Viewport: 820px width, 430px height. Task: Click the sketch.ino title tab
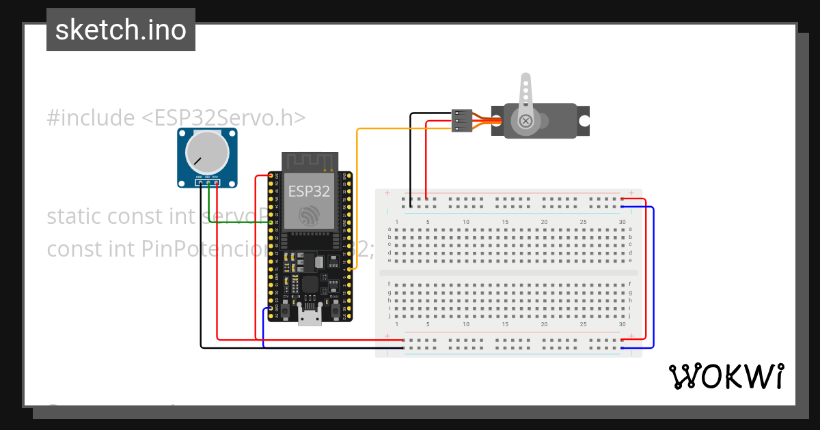(121, 30)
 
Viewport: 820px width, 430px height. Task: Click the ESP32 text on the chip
(309, 191)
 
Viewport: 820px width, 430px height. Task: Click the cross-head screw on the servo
(525, 121)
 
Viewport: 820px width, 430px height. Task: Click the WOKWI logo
(726, 376)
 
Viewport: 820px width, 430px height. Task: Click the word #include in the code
(91, 118)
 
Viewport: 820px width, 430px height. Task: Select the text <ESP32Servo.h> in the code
(223, 118)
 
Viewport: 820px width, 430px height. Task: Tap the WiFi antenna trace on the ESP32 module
(310, 162)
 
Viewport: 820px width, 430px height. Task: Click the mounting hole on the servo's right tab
(584, 121)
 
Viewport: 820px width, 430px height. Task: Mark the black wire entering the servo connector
(430, 113)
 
